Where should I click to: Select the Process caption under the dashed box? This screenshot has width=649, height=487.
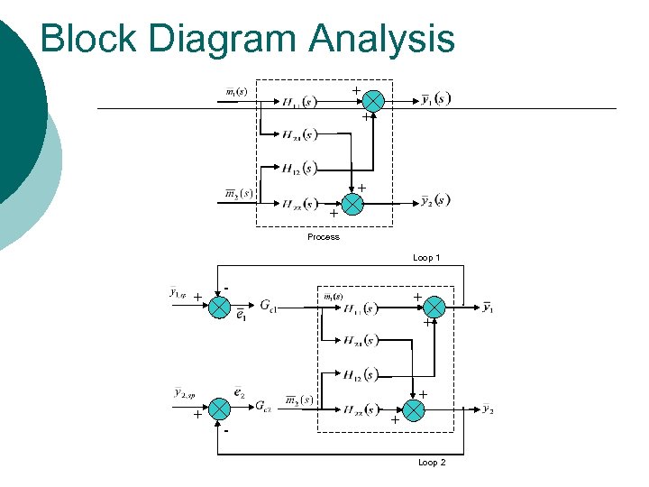tap(323, 237)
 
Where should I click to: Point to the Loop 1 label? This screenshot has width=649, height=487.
tap(426, 258)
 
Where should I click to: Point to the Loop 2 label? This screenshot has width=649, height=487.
tap(432, 463)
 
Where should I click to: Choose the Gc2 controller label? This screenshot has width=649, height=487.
tap(264, 408)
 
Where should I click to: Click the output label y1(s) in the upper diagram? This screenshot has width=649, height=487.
tap(436, 99)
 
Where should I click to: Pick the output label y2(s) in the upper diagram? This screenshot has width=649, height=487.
tap(436, 200)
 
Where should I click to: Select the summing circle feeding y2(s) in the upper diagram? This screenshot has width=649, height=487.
tap(352, 204)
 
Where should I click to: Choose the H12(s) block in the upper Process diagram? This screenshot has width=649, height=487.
tap(298, 169)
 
